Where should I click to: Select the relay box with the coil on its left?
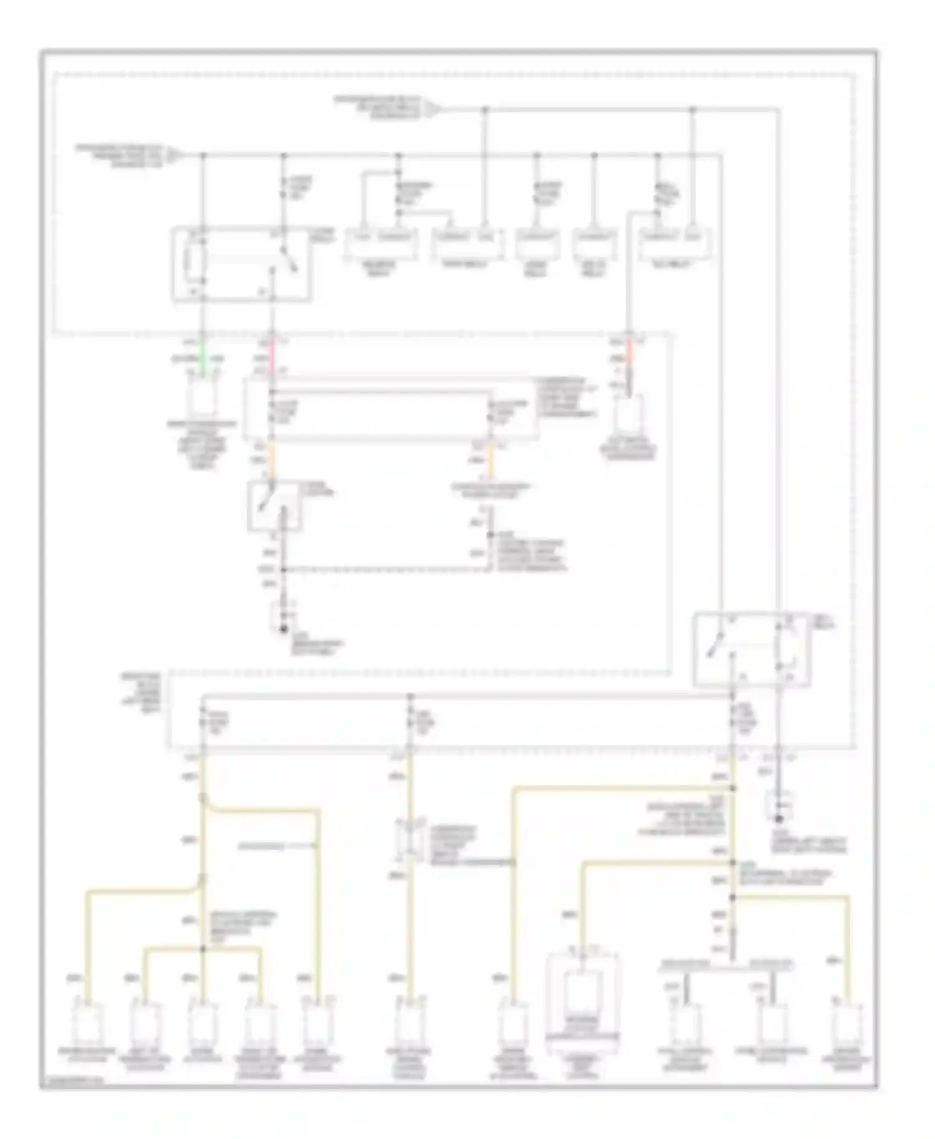point(241,264)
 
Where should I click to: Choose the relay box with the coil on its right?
point(752,649)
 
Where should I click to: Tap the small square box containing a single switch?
point(274,506)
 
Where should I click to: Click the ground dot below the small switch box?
point(283,629)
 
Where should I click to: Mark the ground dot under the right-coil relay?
point(779,818)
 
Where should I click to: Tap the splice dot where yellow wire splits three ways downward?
point(202,949)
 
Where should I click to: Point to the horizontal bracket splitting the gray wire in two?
point(727,968)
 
